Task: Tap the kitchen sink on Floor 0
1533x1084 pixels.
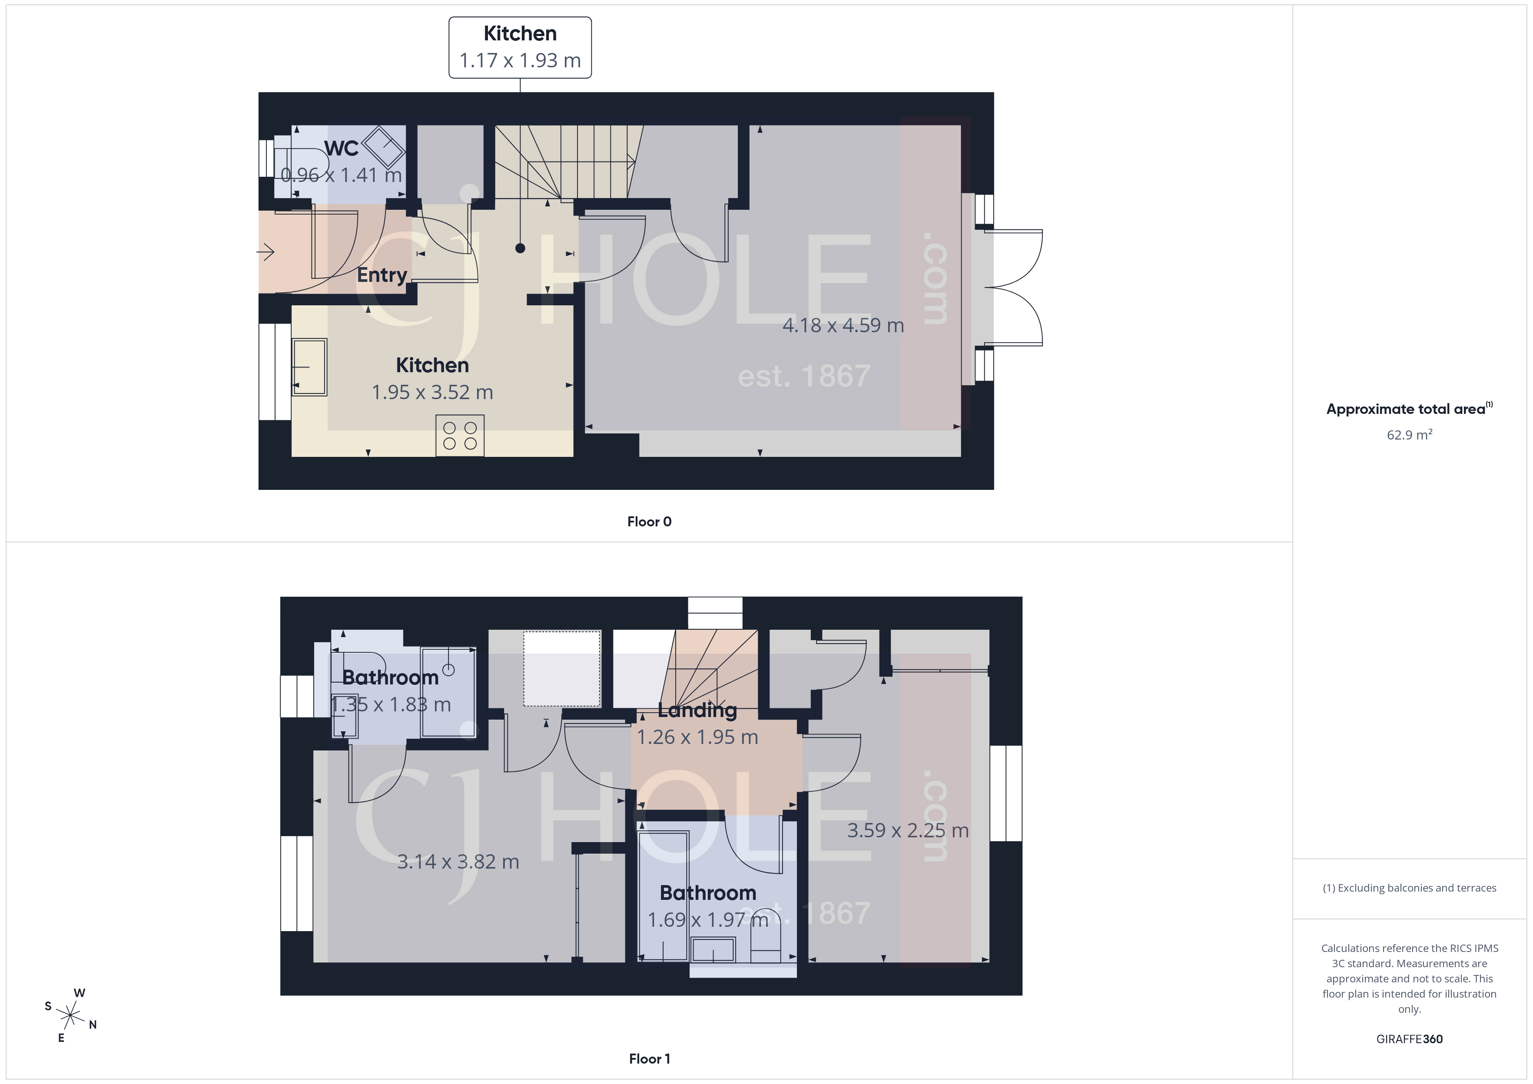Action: tap(309, 367)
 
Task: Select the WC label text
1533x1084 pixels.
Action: tap(341, 148)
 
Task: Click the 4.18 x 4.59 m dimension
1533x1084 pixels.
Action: tap(843, 325)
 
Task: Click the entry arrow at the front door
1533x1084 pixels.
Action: tap(266, 252)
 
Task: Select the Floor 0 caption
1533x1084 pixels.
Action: tap(649, 521)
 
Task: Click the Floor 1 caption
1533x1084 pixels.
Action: tap(649, 1059)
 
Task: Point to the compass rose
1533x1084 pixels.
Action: tap(70, 1016)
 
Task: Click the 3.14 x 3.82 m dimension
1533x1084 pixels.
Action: tap(458, 862)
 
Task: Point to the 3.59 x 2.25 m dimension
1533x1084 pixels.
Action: tap(907, 830)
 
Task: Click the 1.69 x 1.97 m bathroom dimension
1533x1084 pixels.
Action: tap(708, 920)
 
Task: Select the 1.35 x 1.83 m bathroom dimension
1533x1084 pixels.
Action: tap(391, 704)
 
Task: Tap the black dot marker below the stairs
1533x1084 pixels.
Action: tap(520, 248)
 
